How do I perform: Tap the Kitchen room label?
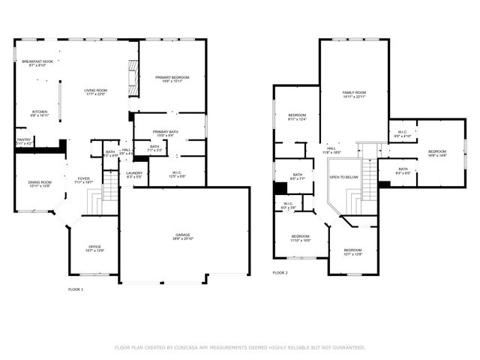pos(39,113)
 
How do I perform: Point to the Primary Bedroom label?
pos(172,78)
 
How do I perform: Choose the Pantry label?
pos(24,141)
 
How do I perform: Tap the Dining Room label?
pos(40,184)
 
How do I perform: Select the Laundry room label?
pos(134,175)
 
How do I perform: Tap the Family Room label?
pos(354,94)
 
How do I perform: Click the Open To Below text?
pos(343,177)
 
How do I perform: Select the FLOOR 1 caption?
pos(76,289)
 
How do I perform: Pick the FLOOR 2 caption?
pos(280,272)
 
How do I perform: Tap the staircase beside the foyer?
pos(110,187)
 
